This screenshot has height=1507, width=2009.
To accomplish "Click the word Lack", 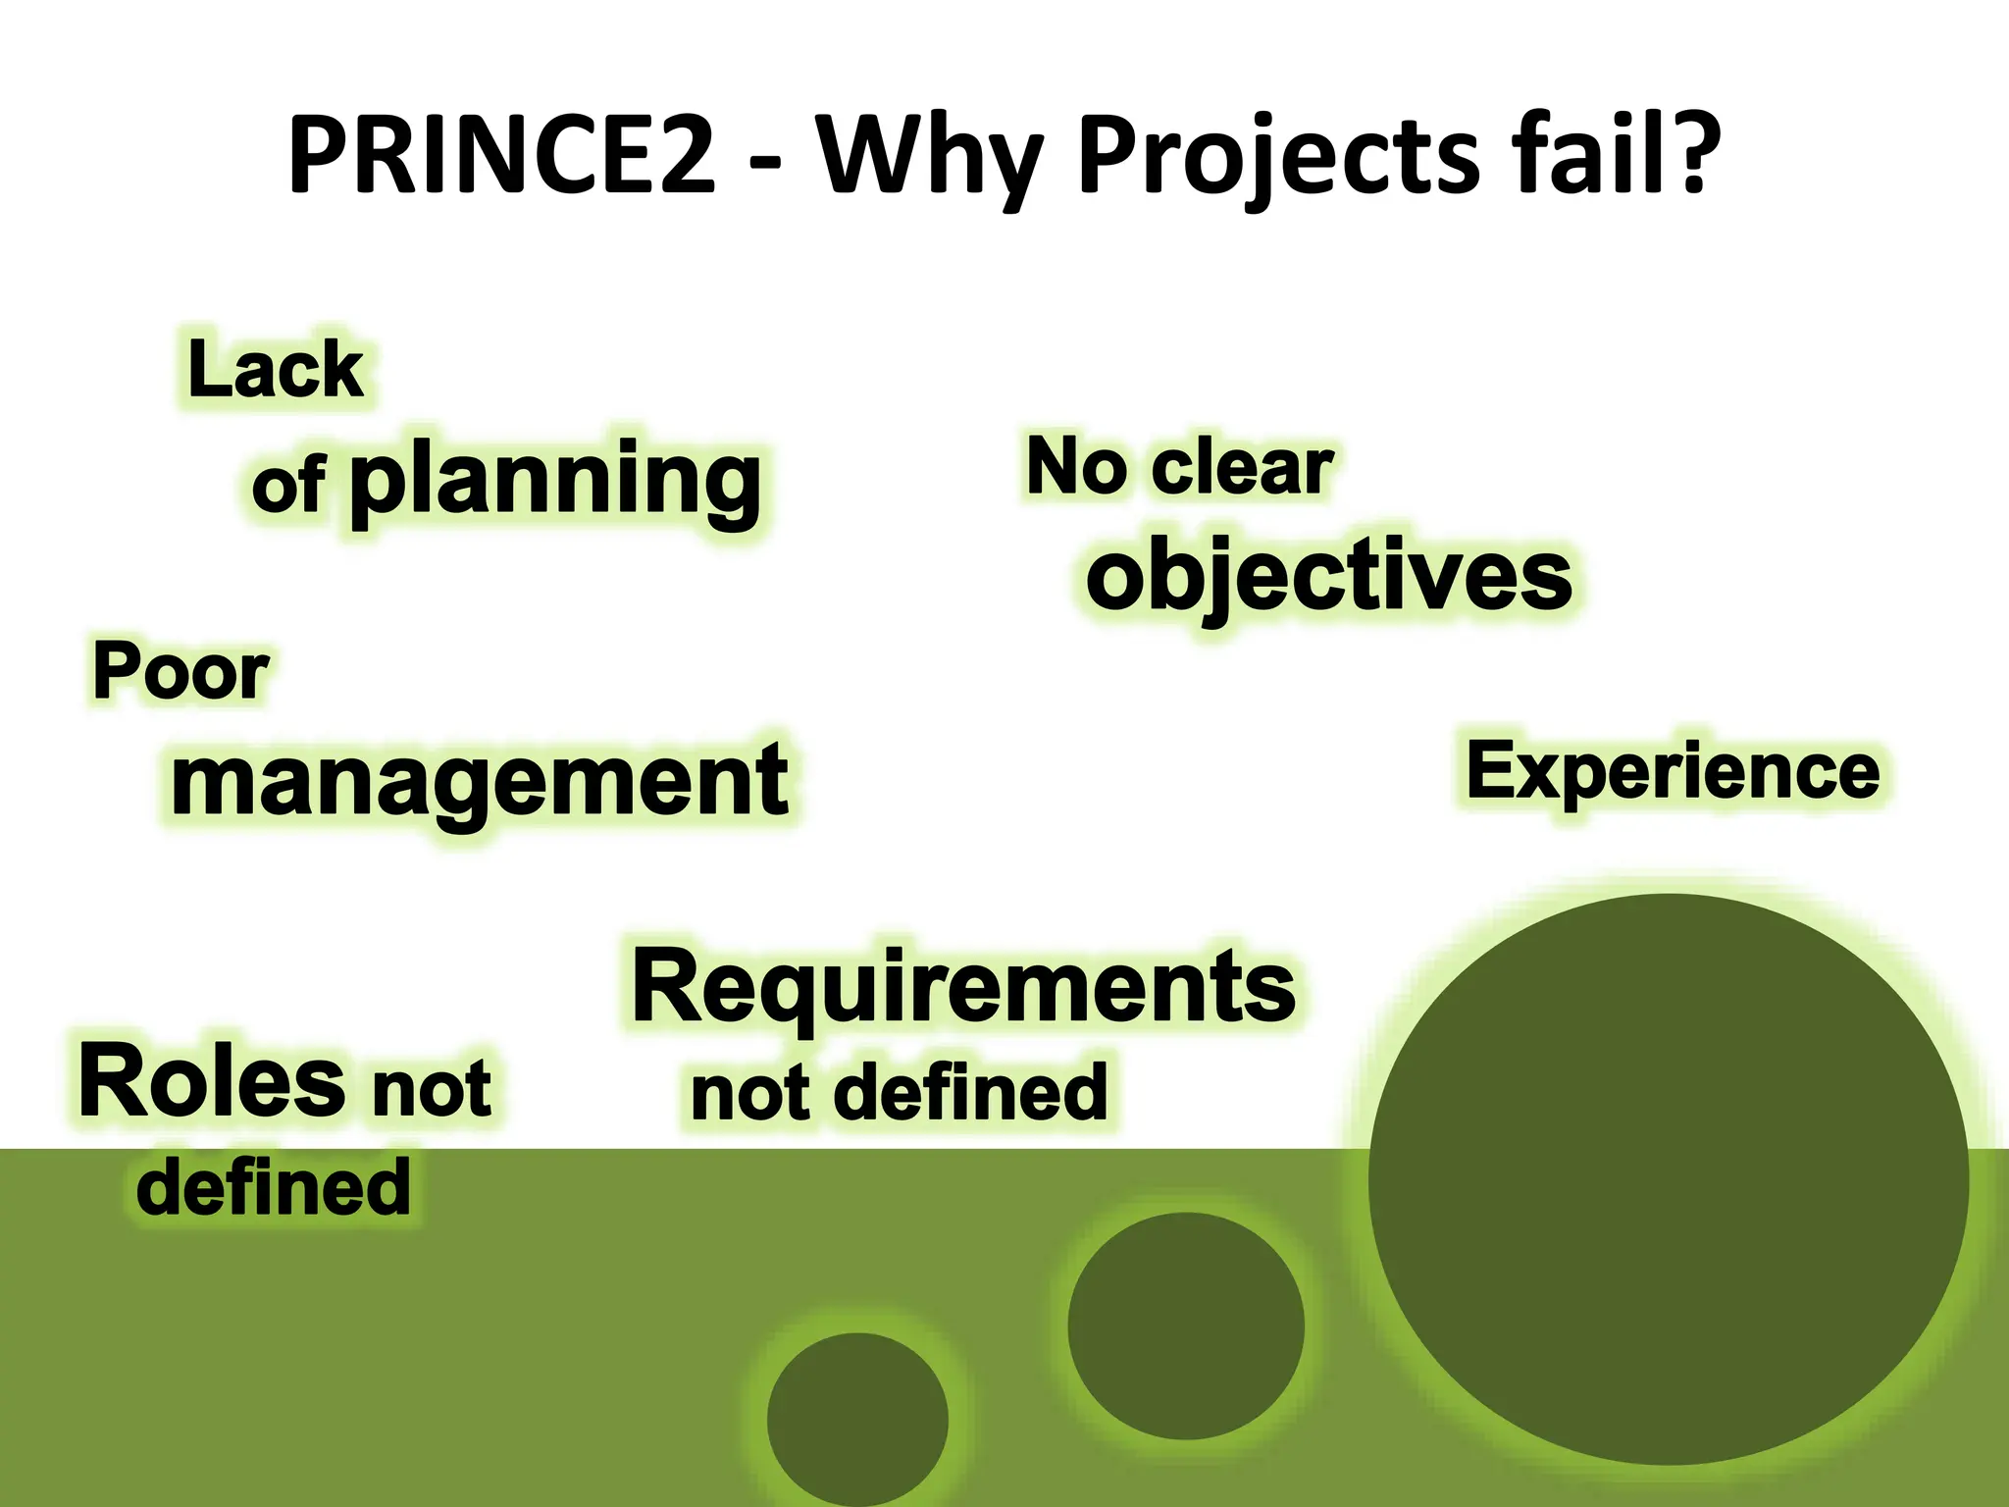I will click(276, 370).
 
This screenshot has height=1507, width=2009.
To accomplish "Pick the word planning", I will click(555, 481).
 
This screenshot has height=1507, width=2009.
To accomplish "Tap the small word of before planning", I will click(287, 485).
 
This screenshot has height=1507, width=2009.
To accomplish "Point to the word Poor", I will click(180, 673).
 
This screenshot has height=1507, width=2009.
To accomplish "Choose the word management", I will click(480, 780).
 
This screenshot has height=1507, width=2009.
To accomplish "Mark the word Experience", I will click(1674, 771).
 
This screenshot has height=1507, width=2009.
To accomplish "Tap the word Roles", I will click(212, 1082).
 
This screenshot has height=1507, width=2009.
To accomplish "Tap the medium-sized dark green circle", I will click(1185, 1325).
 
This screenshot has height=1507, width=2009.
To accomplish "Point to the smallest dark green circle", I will click(857, 1419).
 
